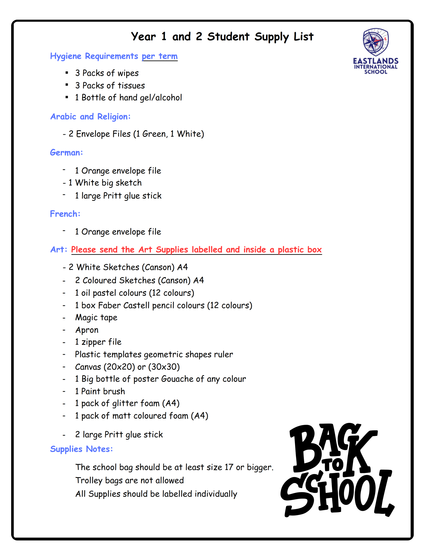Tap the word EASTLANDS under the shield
click(x=375, y=61)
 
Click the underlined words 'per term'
click(x=159, y=56)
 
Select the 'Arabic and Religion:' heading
click(x=90, y=117)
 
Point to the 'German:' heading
click(x=66, y=153)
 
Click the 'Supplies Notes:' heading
click(x=81, y=449)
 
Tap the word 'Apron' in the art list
click(x=87, y=330)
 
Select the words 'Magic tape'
click(x=96, y=318)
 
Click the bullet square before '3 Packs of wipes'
click(x=67, y=73)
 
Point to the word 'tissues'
click(x=131, y=86)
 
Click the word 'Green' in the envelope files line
click(x=154, y=134)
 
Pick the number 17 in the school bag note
click(x=229, y=467)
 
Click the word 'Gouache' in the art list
click(x=177, y=379)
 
